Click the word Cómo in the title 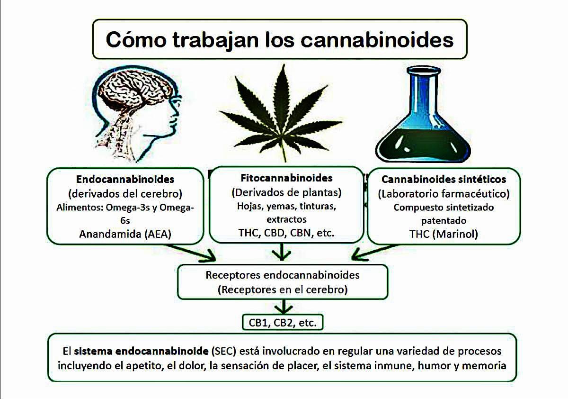click(136, 40)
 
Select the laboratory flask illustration click(423, 114)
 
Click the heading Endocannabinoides click(125, 179)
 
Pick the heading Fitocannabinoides click(286, 178)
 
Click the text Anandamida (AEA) click(125, 234)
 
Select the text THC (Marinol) click(444, 234)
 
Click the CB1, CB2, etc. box click(283, 322)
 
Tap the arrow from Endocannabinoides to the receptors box click(191, 253)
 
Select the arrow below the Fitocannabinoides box click(282, 252)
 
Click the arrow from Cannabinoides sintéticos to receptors click(375, 253)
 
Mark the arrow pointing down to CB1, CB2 click(284, 307)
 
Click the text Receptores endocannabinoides click(283, 275)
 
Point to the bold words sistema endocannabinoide click(141, 351)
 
